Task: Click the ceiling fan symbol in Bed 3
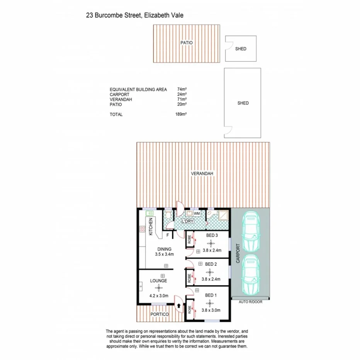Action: (211, 243)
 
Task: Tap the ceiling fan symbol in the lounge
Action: (159, 288)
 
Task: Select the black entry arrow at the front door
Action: (179, 306)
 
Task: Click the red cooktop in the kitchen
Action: (142, 231)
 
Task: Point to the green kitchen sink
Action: (149, 213)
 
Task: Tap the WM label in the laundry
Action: (197, 213)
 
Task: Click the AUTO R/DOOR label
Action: (250, 302)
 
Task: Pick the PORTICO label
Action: (160, 315)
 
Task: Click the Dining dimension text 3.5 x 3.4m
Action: (164, 255)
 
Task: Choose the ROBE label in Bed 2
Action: (189, 278)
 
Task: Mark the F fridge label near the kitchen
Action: (168, 235)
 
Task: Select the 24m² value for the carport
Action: (182, 94)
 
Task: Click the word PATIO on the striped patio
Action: (186, 42)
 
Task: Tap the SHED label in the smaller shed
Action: (241, 49)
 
